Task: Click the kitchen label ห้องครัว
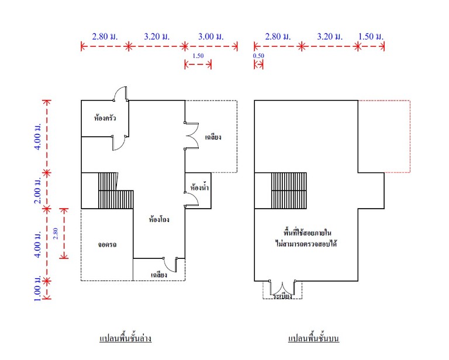coord(105,117)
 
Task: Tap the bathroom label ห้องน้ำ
coord(199,188)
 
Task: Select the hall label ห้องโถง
coord(159,219)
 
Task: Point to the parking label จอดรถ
coord(107,245)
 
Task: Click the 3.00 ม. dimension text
coord(210,36)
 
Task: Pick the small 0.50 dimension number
coord(258,56)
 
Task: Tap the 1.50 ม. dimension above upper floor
coord(371,36)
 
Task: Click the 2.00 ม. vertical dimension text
coord(38,191)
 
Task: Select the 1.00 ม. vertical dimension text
coord(38,289)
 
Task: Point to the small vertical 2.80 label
coord(56,233)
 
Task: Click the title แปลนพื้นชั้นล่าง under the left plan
coord(126,338)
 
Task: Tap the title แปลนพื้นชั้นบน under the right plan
coord(313,338)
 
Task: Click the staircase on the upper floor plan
coord(289,191)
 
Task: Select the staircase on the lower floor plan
coord(116,191)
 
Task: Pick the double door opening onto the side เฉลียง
coord(192,136)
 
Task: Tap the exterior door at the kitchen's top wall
coord(120,94)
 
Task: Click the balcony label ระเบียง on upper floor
coord(282,296)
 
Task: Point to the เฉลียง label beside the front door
coord(159,275)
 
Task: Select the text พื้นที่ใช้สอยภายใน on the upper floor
coord(308,233)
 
